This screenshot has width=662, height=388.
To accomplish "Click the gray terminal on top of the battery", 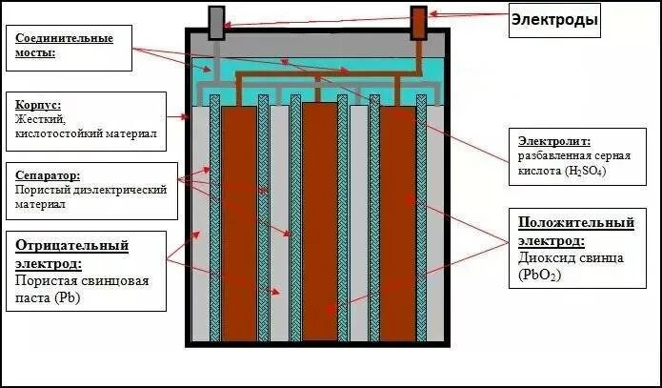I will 216,23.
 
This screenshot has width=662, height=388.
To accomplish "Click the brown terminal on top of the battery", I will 418,23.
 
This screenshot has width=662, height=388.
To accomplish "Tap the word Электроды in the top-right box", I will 553,19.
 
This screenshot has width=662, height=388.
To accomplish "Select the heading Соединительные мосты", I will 65,45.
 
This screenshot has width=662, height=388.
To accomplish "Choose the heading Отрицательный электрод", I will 71,254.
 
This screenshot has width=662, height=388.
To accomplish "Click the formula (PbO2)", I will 541,275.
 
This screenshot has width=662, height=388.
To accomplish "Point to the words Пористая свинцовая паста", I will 72,290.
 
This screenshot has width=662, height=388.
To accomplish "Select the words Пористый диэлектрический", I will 90,190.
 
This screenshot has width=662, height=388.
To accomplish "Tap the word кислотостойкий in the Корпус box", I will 59,134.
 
